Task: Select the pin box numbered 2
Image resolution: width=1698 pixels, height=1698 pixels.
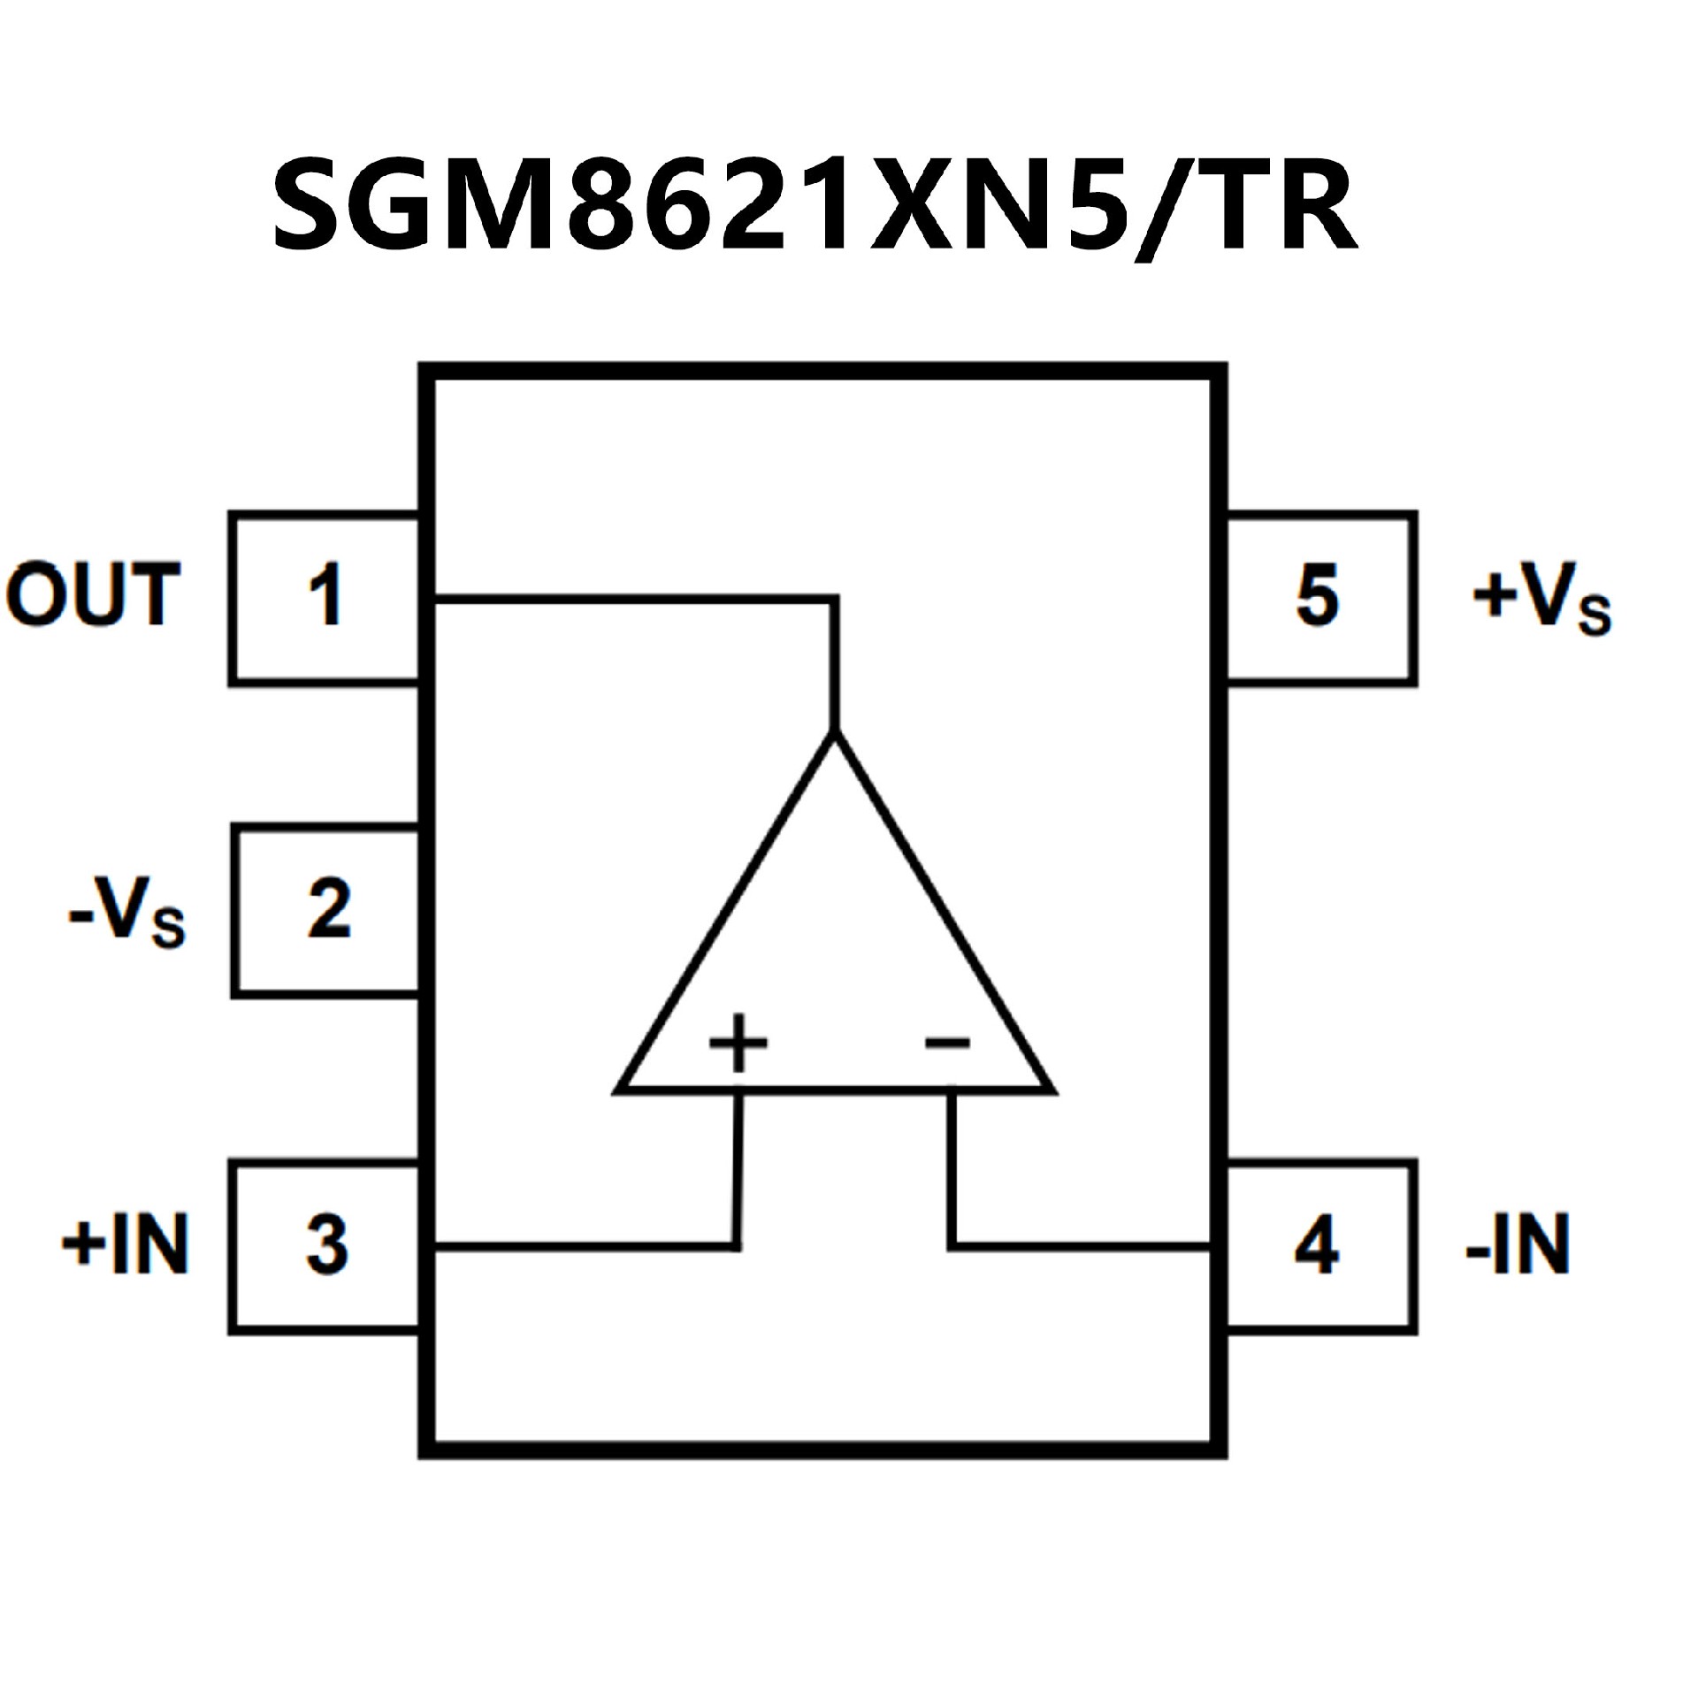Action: tap(326, 910)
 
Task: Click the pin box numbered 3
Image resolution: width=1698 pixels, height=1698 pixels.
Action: tap(325, 1246)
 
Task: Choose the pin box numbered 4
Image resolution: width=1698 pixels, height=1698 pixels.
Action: tap(1320, 1246)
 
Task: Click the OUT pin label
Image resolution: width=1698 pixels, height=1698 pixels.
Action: tap(93, 595)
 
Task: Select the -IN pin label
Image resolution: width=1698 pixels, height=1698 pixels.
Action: tap(1518, 1244)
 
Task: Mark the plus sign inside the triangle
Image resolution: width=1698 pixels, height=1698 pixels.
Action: tap(738, 1044)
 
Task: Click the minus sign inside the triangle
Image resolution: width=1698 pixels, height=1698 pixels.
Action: tap(947, 1044)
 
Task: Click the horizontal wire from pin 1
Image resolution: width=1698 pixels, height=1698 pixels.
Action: tap(632, 600)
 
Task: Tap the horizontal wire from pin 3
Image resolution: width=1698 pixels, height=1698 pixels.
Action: tap(584, 1246)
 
